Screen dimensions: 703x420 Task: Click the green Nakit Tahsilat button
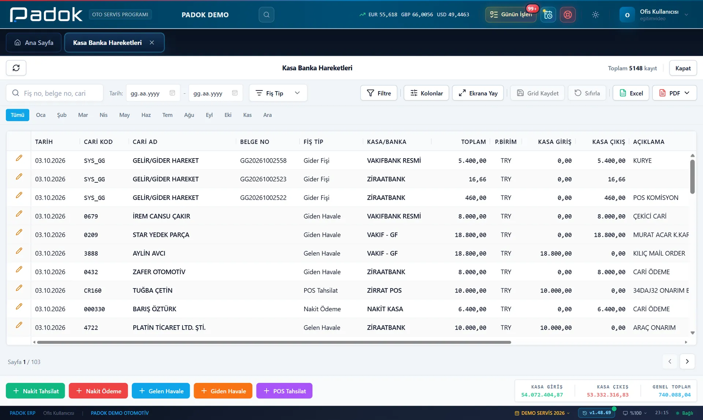[x=35, y=391]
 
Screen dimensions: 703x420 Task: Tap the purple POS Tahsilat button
[x=284, y=391]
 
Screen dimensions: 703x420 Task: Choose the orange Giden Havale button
[x=223, y=391]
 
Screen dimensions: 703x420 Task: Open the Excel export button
[x=631, y=93]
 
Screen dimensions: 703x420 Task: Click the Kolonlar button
[x=426, y=93]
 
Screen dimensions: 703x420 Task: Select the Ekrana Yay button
[x=478, y=93]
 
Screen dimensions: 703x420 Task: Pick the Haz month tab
[x=146, y=115]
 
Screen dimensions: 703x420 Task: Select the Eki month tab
[x=228, y=115]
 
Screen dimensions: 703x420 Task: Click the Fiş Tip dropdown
[x=278, y=93]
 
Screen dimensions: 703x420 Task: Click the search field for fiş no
[x=55, y=93]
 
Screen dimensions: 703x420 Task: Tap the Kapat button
[x=683, y=68]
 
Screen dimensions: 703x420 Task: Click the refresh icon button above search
[x=16, y=68]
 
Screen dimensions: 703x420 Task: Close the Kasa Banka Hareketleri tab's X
[x=152, y=42]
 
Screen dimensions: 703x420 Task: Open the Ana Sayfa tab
[x=34, y=42]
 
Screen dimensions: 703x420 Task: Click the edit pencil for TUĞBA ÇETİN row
[x=19, y=288]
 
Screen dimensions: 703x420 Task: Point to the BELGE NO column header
[x=254, y=142]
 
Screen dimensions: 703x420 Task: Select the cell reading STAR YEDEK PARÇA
[x=161, y=235]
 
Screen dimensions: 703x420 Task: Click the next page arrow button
[x=687, y=361]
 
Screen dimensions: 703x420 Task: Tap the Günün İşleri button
[x=511, y=15]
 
